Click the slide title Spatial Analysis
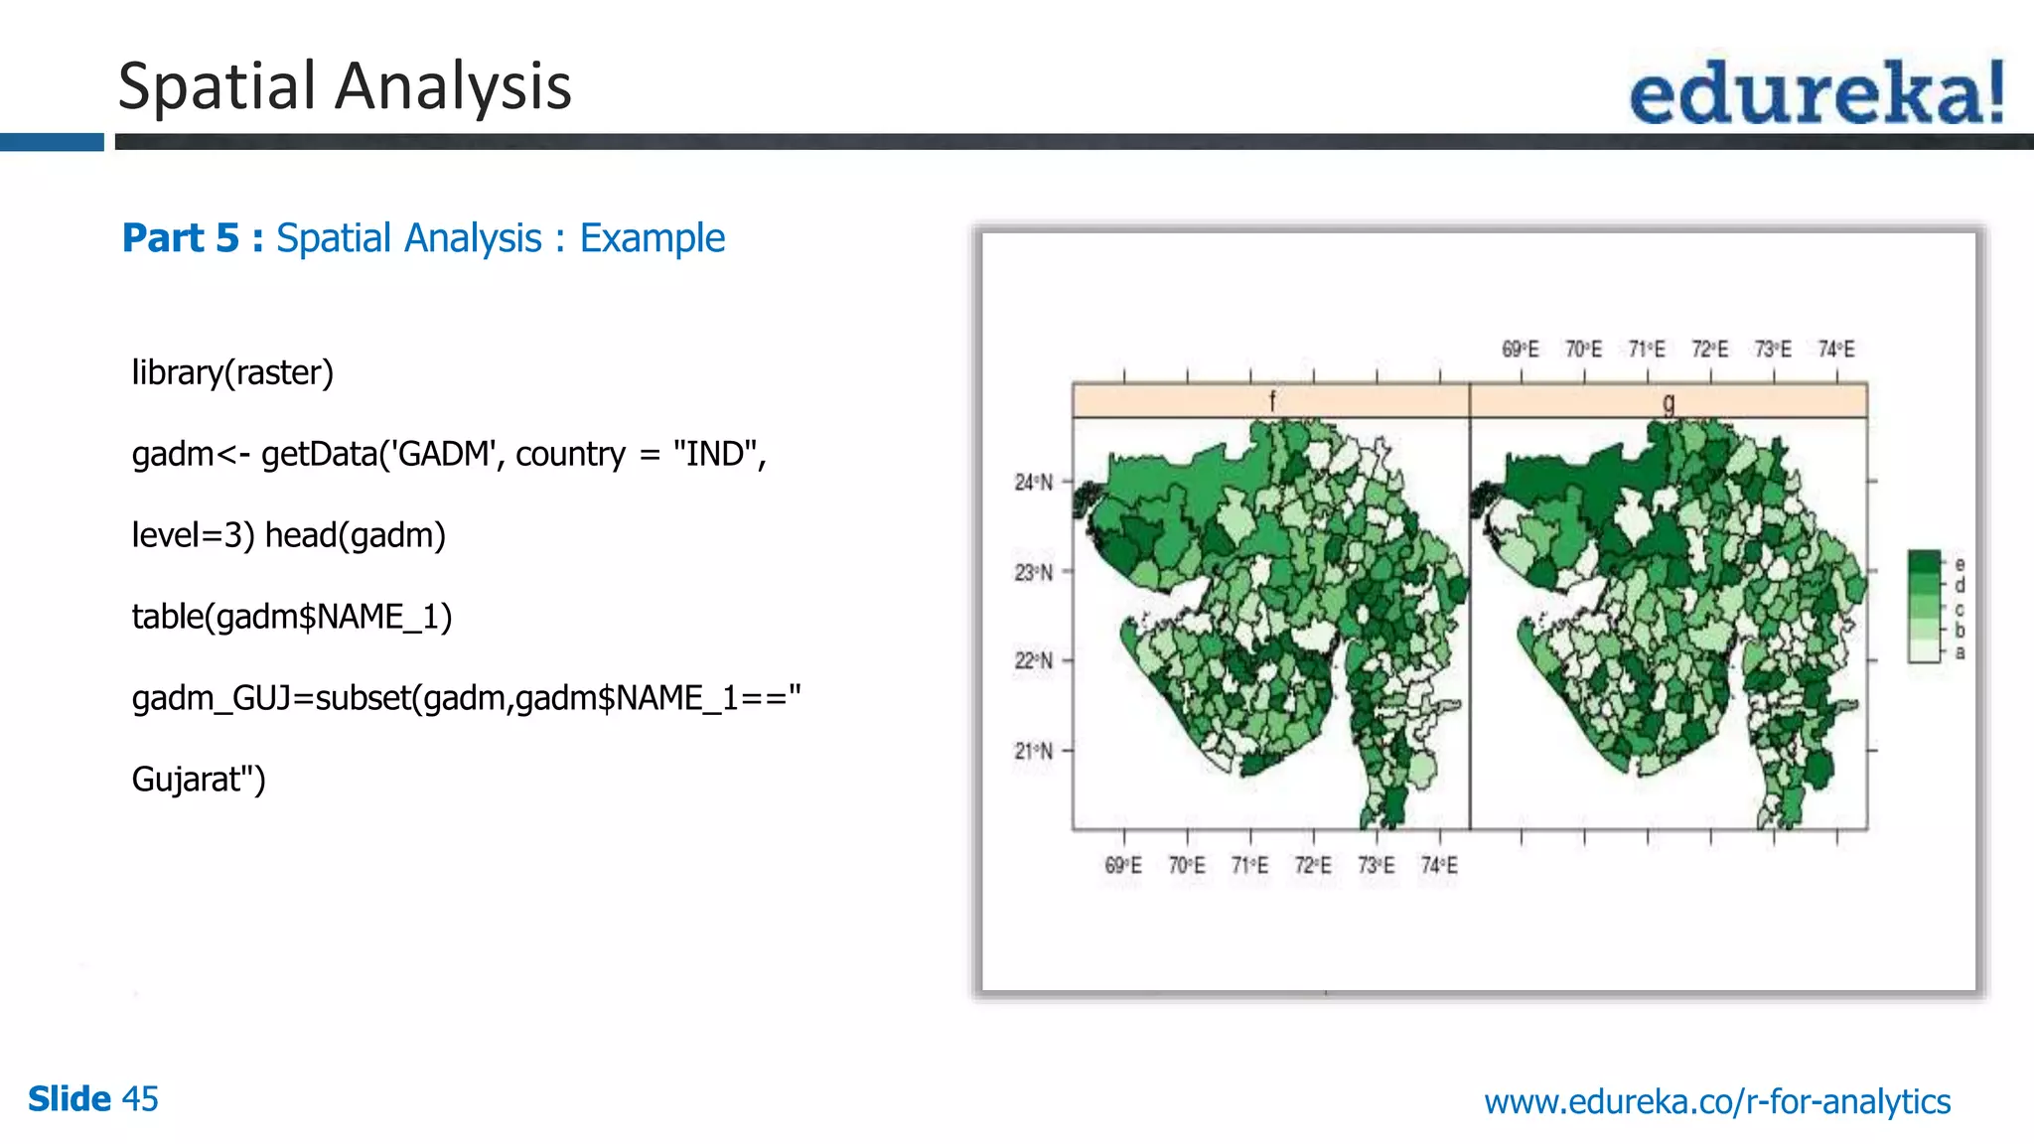[345, 86]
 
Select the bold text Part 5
[181, 238]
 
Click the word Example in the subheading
[652, 238]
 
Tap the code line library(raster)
[232, 372]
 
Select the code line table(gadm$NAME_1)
[292, 617]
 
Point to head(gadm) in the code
[355, 535]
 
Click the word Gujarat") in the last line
[199, 780]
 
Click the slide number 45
[140, 1099]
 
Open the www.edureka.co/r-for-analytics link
[1716, 1101]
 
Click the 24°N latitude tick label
[1033, 483]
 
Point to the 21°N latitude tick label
[1033, 751]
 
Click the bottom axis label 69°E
[1123, 866]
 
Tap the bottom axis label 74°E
[1439, 866]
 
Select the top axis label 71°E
[1647, 350]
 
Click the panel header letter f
[1271, 401]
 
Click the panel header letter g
[1669, 401]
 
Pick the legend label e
[1960, 564]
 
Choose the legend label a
[1960, 652]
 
